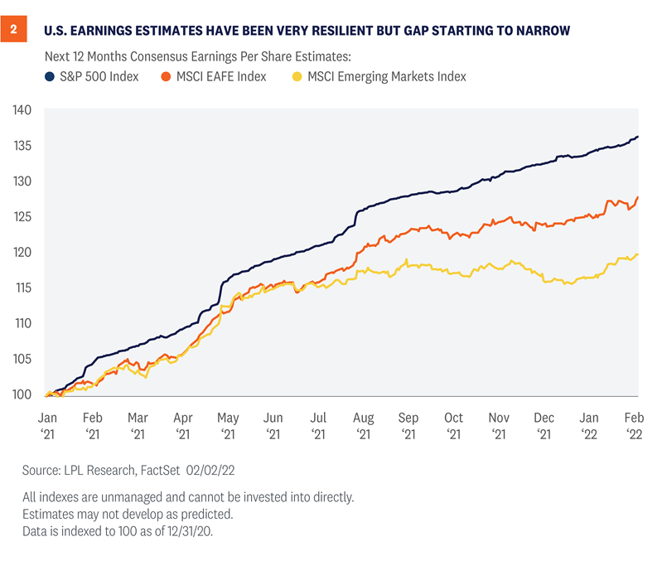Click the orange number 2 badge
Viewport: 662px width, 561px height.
coord(13,31)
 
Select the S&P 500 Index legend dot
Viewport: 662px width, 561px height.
coord(50,76)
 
